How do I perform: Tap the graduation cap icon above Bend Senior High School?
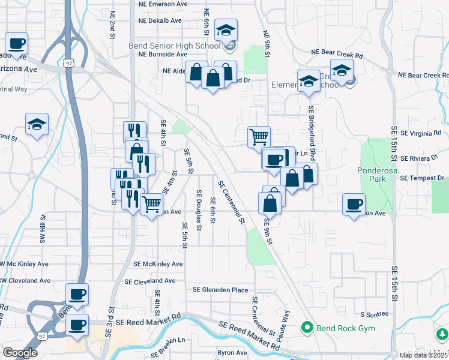[226, 30]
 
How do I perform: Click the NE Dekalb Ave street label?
[160, 20]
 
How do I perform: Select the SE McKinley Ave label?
[158, 264]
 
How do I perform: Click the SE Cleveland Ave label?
[149, 281]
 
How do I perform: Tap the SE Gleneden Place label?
[220, 290]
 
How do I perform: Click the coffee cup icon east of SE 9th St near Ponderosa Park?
[354, 205]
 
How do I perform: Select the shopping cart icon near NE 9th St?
[259, 136]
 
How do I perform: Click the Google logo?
[20, 353]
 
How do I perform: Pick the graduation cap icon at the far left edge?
[37, 125]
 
